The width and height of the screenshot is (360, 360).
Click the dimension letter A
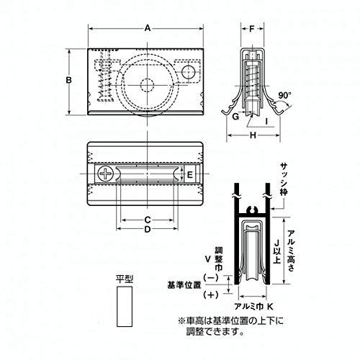(x=147, y=28)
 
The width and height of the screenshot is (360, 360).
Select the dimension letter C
(x=147, y=219)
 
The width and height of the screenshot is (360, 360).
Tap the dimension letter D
(x=147, y=230)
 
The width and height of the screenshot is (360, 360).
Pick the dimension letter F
(x=251, y=30)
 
